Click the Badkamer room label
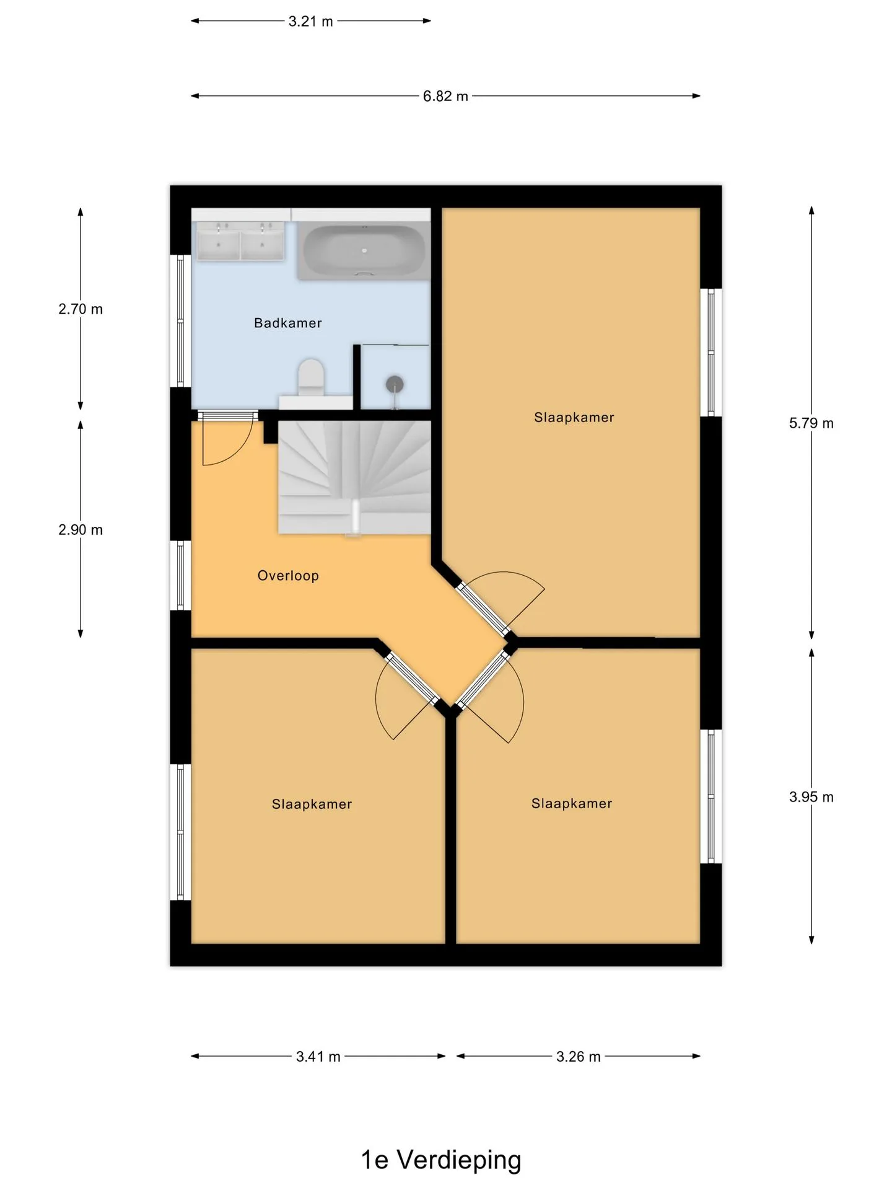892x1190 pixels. (x=288, y=323)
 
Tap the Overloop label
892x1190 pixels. (x=288, y=576)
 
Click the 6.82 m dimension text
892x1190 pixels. (x=445, y=96)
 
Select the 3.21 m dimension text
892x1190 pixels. (x=311, y=21)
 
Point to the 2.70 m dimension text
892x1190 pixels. (x=81, y=309)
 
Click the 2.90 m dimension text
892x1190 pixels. (x=81, y=530)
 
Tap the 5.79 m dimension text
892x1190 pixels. (x=811, y=423)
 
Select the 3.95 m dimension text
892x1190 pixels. (x=811, y=797)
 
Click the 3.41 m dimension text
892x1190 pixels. (x=318, y=1057)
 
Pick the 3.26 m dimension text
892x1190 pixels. (x=579, y=1057)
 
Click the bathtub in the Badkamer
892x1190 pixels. (x=364, y=251)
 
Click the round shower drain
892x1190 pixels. (x=395, y=384)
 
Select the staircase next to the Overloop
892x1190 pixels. (x=354, y=477)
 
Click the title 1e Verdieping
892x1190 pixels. (x=441, y=1160)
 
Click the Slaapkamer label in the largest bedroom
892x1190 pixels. (x=574, y=418)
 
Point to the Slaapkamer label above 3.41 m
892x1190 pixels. (x=312, y=804)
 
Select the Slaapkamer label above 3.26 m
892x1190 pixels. (x=572, y=804)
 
